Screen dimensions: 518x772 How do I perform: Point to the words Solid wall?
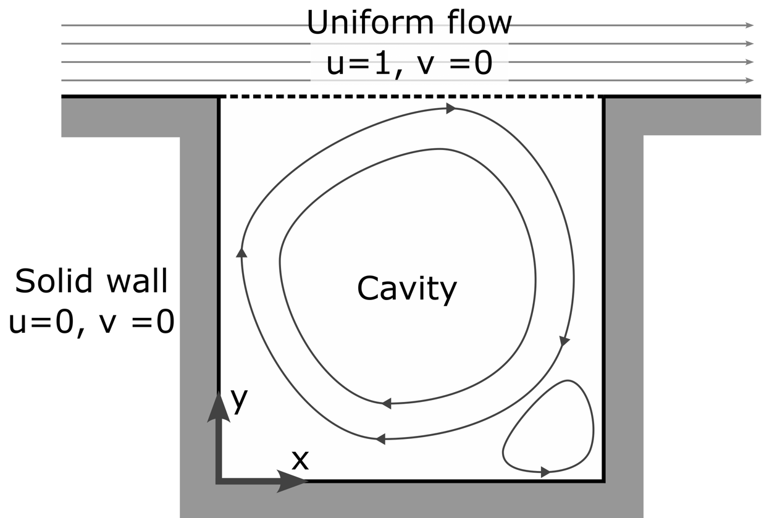91,282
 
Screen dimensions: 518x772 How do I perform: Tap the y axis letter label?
238,400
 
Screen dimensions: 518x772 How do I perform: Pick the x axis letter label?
300,460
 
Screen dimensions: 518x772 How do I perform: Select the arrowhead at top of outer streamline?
451,109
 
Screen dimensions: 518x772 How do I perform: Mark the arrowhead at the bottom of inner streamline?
386,403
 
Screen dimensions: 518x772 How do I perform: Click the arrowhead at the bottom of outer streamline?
380,439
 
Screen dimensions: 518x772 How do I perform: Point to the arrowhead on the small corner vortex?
545,472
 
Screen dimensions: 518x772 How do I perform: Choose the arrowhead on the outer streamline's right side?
564,341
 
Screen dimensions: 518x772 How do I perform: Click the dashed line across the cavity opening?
411,97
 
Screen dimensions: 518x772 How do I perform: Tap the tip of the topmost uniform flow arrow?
750,25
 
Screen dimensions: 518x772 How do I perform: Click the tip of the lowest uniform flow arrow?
750,80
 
